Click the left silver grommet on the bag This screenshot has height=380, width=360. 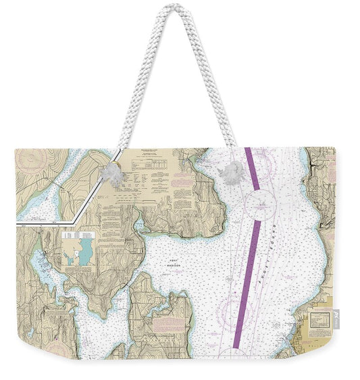pos(112,173)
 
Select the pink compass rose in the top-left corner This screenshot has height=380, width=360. pos(32,162)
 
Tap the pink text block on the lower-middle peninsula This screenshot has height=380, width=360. pos(165,325)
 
